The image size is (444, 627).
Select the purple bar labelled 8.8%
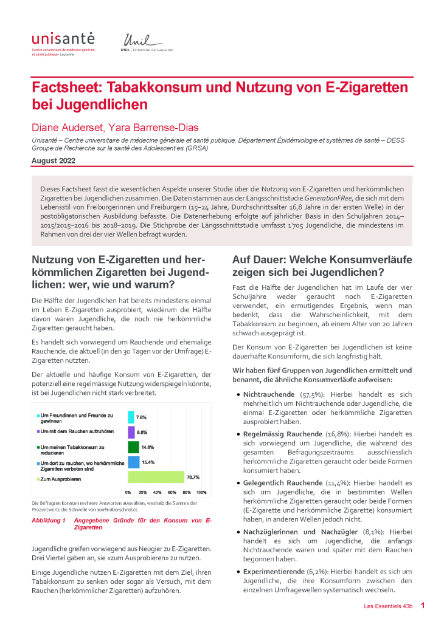tap(131, 432)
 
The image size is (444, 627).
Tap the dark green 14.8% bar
tap(133, 447)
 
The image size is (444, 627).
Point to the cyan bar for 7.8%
tap(131, 417)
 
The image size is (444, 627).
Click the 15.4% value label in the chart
tap(147, 462)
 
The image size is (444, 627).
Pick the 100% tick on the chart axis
tap(201, 492)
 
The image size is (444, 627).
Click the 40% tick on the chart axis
tap(157, 492)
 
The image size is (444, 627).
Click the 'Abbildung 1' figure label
tap(48, 521)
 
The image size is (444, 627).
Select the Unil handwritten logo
tap(137, 40)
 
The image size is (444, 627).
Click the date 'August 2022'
tap(54, 161)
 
